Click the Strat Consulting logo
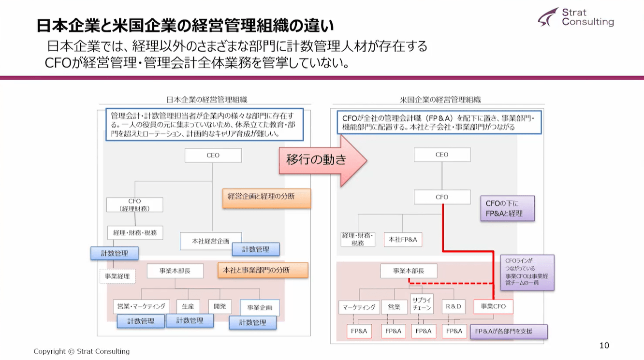tap(576, 17)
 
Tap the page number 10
tap(604, 345)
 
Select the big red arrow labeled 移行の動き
tap(323, 160)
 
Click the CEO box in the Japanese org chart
tap(213, 155)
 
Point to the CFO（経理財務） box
tap(134, 204)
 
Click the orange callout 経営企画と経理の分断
tap(266, 198)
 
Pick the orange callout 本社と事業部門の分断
tap(263, 270)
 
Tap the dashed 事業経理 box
tap(117, 276)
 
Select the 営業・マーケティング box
tap(141, 306)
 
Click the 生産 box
tap(188, 306)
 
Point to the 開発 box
tap(220, 306)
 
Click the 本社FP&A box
tap(403, 239)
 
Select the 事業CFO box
tap(493, 306)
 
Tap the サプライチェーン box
tap(422, 303)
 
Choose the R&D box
tap(454, 306)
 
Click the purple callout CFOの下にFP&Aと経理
tap(507, 208)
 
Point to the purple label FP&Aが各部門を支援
tap(510, 331)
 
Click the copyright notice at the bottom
tap(82, 351)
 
